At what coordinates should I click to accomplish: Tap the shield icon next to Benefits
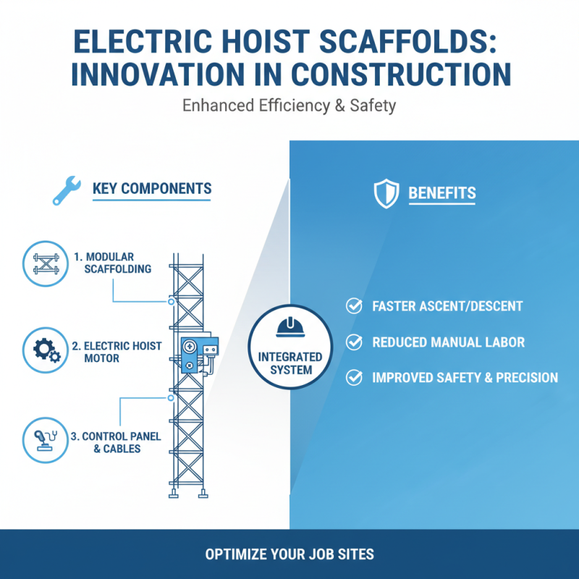click(386, 193)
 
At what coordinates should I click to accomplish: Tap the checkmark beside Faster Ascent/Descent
click(354, 306)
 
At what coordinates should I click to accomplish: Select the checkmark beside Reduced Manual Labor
click(354, 342)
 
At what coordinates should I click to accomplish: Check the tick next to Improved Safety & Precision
click(354, 377)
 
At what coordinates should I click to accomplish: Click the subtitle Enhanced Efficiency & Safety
click(289, 106)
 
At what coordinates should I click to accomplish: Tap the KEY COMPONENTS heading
click(152, 190)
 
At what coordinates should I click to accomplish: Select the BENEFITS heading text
click(442, 193)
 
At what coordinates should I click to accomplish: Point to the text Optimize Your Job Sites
click(289, 555)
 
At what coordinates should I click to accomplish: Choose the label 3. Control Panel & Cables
click(116, 442)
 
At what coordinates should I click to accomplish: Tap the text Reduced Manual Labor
click(449, 342)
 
